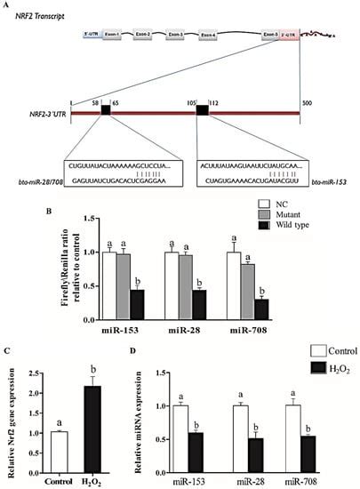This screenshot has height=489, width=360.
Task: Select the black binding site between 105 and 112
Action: tap(202, 110)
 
